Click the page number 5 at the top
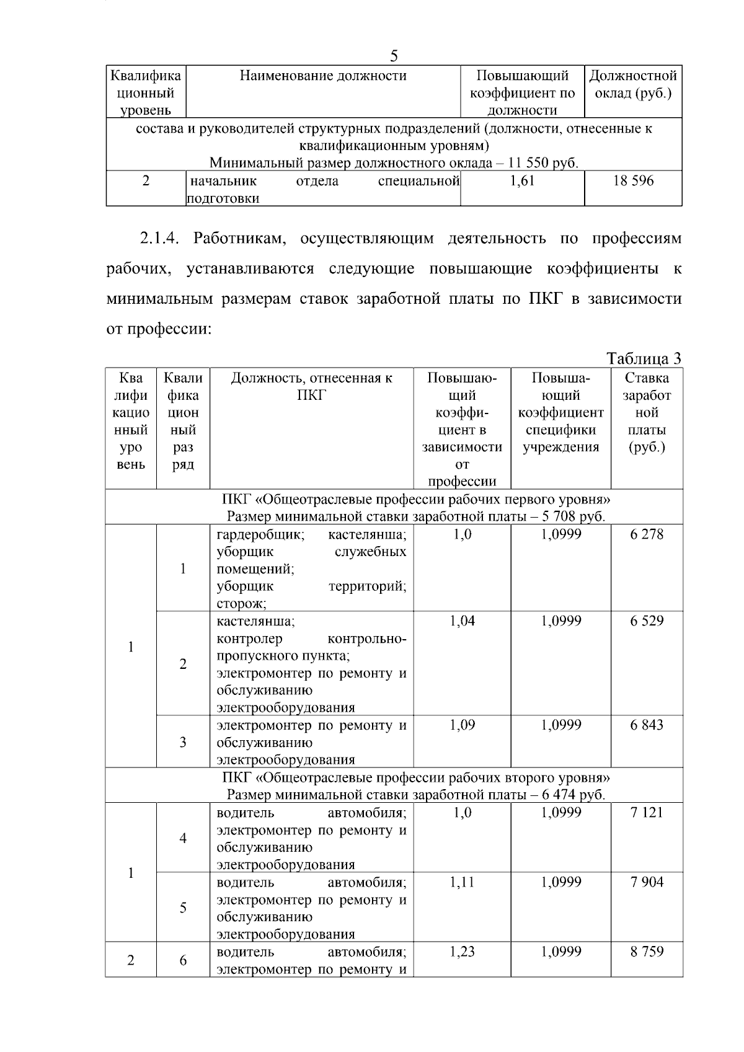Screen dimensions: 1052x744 point(394,56)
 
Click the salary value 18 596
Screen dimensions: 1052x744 point(633,181)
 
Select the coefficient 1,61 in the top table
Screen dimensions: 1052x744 point(522,181)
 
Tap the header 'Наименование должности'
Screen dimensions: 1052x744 point(323,76)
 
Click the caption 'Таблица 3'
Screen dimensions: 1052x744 point(644,358)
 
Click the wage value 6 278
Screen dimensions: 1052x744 point(647,534)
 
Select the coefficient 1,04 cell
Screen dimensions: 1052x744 point(462,621)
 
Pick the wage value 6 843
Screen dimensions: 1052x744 point(647,725)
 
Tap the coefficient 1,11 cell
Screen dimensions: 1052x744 point(462,882)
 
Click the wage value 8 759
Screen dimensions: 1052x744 point(647,952)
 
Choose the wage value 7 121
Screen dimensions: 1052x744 point(647,813)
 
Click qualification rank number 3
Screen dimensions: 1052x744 point(183,742)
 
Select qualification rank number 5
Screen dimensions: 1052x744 point(183,908)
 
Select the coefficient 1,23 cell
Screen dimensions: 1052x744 point(462,952)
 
